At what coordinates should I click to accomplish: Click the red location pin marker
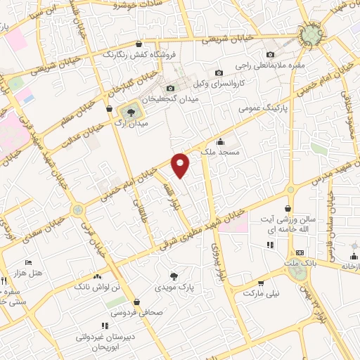tap(181, 164)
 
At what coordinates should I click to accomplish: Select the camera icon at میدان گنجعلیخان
tap(170, 89)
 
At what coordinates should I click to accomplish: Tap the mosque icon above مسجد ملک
tap(220, 141)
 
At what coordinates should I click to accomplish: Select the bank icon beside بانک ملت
tap(300, 252)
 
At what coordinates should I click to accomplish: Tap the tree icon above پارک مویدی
tap(174, 276)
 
